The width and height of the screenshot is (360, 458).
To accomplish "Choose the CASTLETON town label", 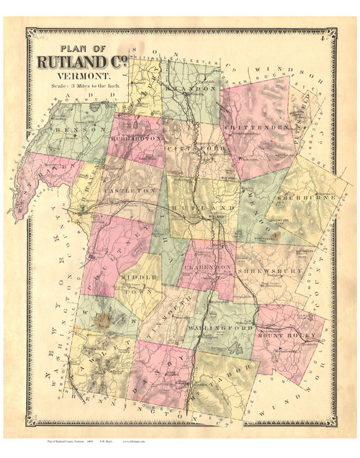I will click(x=131, y=189).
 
